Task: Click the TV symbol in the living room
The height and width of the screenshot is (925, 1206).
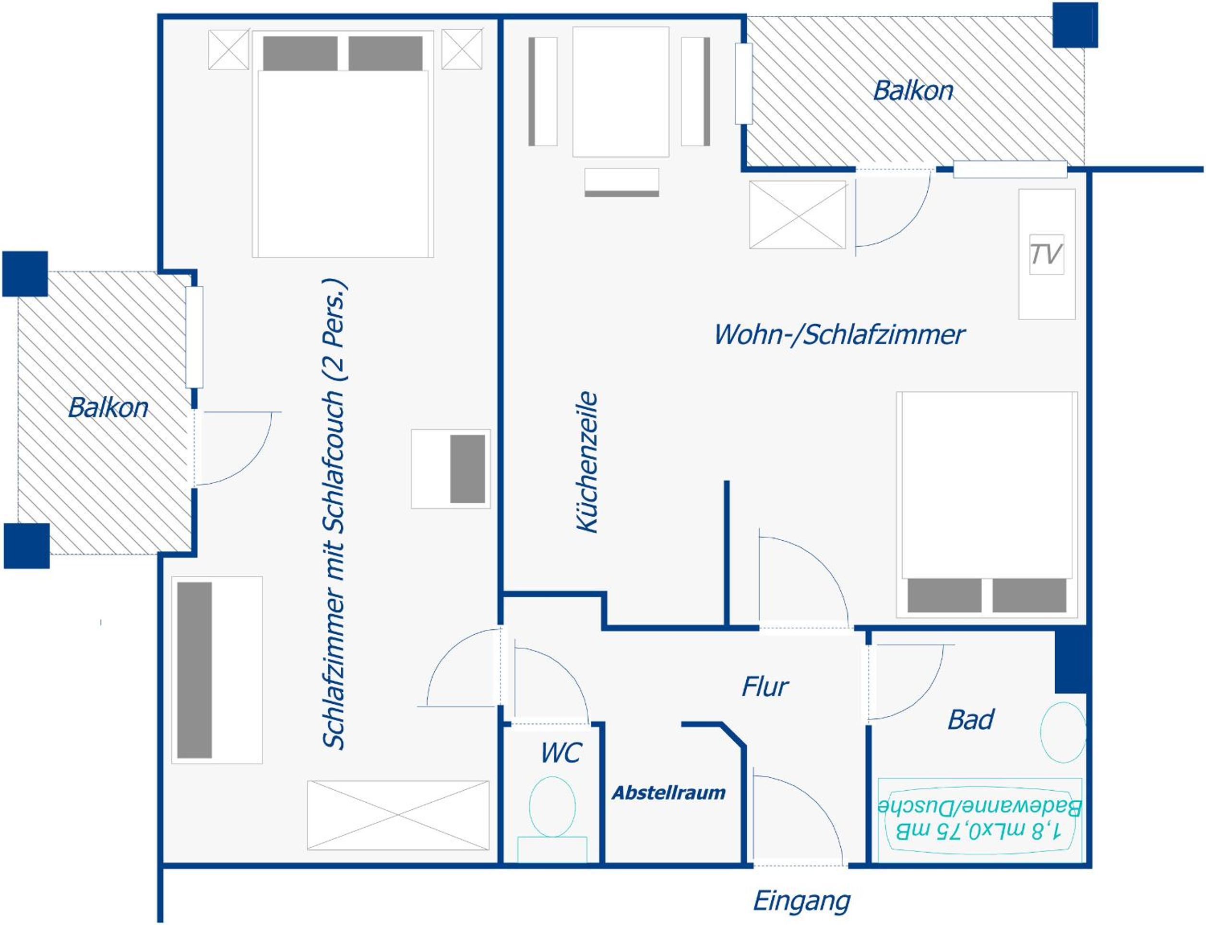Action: point(1046,254)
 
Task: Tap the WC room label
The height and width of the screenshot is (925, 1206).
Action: point(561,752)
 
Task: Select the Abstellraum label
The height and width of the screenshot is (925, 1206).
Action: point(669,793)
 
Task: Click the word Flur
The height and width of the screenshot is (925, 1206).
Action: point(765,687)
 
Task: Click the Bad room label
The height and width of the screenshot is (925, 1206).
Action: point(971,720)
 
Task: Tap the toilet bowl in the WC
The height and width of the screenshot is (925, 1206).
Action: point(552,806)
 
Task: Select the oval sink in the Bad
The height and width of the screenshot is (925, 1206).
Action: point(1063,732)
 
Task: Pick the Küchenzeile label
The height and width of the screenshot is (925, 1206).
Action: point(587,462)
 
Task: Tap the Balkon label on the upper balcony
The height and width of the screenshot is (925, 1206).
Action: point(914,91)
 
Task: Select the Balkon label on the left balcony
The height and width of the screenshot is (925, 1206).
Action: point(108,408)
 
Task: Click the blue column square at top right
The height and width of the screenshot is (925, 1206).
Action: point(1075,25)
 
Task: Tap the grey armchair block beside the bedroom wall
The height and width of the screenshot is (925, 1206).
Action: point(467,469)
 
